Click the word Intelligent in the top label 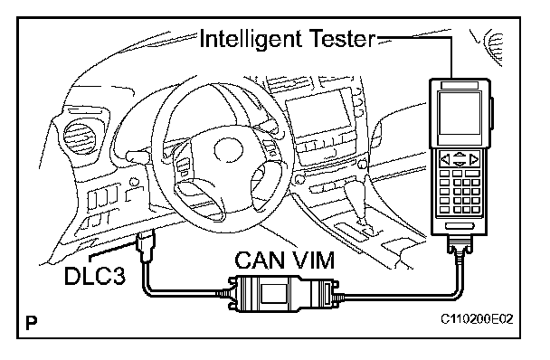[250, 39]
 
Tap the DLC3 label [95, 276]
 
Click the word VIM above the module [312, 260]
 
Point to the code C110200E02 [477, 319]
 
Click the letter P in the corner [32, 323]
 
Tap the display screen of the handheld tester [460, 114]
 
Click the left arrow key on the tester [445, 160]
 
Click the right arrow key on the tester [474, 160]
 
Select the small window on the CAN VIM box [271, 293]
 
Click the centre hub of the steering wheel [228, 151]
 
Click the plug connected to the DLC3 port [147, 246]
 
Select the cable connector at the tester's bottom [460, 246]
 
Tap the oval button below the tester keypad [459, 226]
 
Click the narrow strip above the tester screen [460, 85]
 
